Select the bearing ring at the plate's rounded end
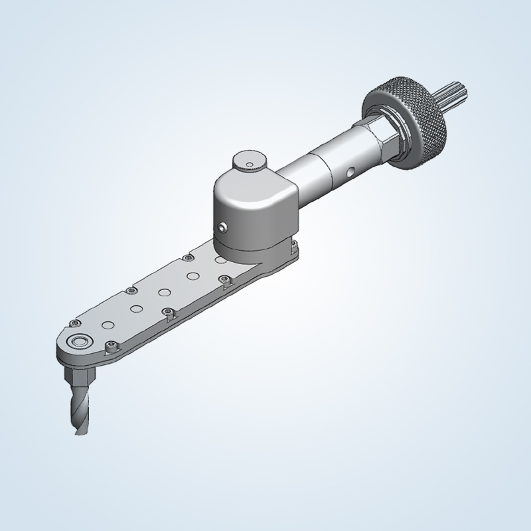pos(82,341)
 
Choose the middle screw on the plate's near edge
pos(167,312)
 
